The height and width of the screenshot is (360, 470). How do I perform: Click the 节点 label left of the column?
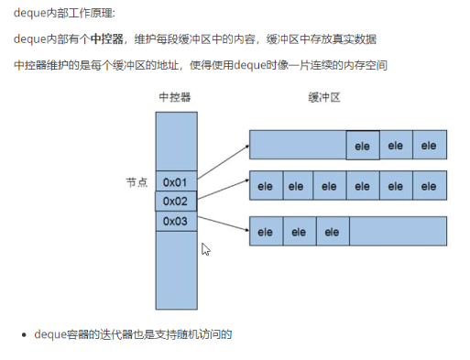(137, 181)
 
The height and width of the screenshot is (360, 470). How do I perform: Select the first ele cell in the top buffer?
(363, 145)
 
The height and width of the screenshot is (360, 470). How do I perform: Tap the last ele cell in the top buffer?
(429, 145)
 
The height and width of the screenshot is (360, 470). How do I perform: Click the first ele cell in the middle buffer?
(266, 185)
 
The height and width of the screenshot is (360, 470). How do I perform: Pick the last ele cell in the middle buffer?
(429, 185)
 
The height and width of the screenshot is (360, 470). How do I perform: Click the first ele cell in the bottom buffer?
(266, 232)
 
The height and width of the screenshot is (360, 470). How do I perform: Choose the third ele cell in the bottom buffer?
(332, 232)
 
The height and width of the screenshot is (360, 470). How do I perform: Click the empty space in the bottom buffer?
(397, 232)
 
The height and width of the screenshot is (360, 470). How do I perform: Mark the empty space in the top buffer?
(297, 145)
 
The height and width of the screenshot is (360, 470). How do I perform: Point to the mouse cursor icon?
(206, 249)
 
